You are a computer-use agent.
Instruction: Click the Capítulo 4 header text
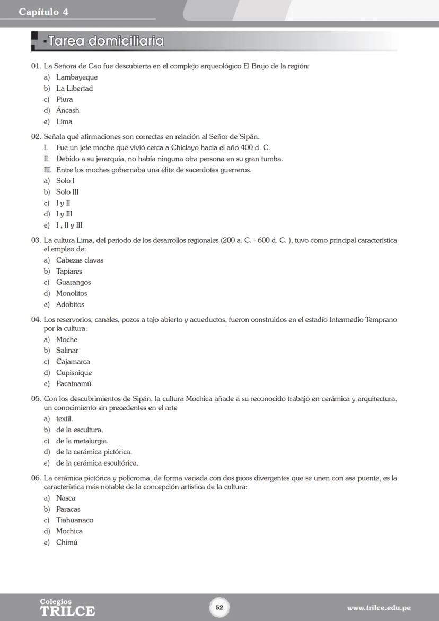tap(43, 12)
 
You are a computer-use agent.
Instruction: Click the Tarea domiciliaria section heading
tap(106, 41)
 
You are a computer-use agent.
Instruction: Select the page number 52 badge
tap(219, 607)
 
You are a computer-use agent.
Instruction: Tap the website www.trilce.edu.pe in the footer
tap(379, 608)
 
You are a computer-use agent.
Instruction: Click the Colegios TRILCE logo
tap(67, 608)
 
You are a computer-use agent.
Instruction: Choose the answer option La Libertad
tap(74, 89)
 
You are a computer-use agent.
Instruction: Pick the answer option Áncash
tap(67, 111)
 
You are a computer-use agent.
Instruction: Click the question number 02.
tap(36, 137)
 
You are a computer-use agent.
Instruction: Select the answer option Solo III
tap(67, 192)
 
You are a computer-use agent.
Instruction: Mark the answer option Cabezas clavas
tap(80, 260)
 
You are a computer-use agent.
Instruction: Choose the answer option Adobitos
tap(70, 305)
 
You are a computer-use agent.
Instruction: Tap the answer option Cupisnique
tap(74, 373)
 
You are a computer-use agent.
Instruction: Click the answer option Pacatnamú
tap(74, 384)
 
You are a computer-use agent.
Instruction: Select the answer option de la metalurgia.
tap(82, 441)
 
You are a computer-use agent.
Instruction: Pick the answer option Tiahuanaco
tap(74, 520)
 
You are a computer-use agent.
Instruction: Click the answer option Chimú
tap(67, 543)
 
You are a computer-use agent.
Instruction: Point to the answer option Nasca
tap(66, 498)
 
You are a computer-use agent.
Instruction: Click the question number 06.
tap(36, 478)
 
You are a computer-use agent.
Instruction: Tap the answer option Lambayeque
tap(77, 77)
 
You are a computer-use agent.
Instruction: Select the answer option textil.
tap(64, 418)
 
